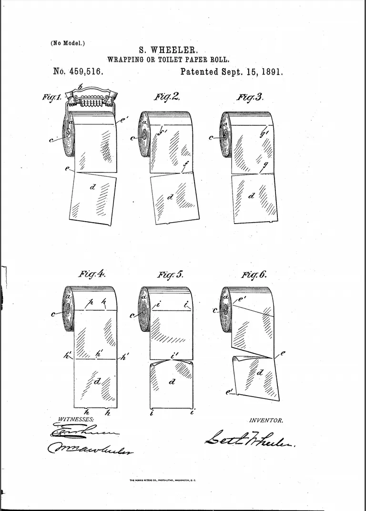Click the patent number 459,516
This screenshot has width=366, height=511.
pos(85,72)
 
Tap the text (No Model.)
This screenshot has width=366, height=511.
pos(68,43)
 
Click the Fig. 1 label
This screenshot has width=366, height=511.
pos(51,97)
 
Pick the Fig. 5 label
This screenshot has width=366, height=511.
pos(170,275)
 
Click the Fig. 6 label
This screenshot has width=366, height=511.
pos(254,275)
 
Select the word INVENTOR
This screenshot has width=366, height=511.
pos(266,420)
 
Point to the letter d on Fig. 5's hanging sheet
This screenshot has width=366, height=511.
pos(172,381)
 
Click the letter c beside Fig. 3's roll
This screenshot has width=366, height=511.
pos(212,138)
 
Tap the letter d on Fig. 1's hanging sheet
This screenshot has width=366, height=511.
pos(92,187)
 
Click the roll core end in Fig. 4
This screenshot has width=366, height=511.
pos(68,309)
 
